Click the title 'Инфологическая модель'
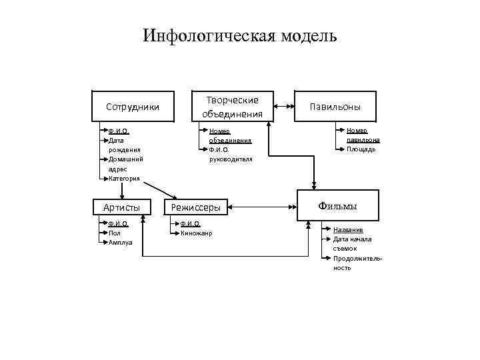(x=240, y=35)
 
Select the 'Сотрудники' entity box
(x=133, y=107)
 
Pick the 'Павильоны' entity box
(x=336, y=107)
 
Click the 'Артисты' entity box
(x=121, y=207)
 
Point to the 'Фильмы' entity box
(x=337, y=206)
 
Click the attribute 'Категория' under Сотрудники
(x=124, y=178)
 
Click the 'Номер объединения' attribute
(x=229, y=136)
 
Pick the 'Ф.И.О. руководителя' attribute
(x=230, y=155)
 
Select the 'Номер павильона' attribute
(x=363, y=136)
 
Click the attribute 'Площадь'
(x=361, y=149)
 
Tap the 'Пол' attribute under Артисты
(x=114, y=233)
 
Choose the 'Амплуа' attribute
(x=120, y=243)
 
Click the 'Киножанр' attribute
(x=195, y=233)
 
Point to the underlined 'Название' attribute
(x=348, y=230)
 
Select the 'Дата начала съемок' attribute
(x=352, y=243)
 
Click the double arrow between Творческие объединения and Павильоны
(x=284, y=105)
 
